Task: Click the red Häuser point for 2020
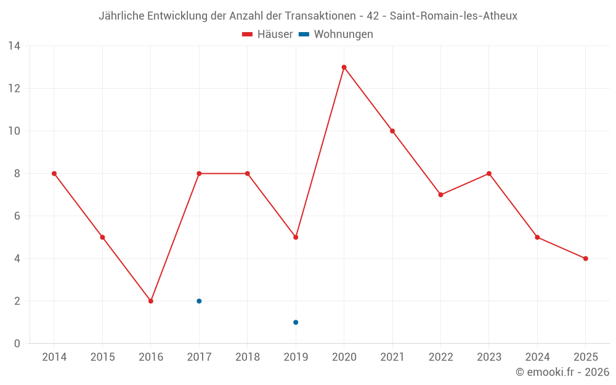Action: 344,67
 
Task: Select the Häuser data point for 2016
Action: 151,301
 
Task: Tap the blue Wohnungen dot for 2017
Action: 199,301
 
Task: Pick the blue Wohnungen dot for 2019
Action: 296,322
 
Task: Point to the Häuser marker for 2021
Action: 392,131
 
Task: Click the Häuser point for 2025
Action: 585,259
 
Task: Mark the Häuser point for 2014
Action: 54,174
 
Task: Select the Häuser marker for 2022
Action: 440,195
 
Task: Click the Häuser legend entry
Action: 267,34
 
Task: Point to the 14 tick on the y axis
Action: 14,46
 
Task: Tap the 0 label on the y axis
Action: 17,344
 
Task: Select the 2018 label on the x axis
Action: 247,357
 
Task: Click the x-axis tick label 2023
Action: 488,357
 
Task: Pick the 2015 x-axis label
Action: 102,357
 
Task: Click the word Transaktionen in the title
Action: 320,16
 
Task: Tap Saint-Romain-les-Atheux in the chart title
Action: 453,16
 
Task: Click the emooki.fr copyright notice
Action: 562,372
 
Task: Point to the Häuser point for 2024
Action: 537,237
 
